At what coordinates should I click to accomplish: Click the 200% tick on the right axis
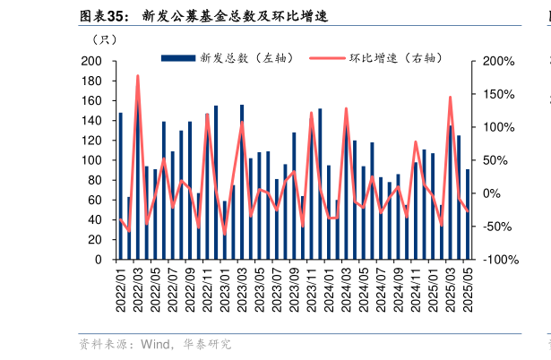point(497,61)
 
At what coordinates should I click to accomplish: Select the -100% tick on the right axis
point(497,260)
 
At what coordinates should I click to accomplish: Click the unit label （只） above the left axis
point(103,39)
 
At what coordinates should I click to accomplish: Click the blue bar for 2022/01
point(121,186)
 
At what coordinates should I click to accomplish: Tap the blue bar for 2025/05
point(467,214)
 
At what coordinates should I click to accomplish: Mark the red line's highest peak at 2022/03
point(138,76)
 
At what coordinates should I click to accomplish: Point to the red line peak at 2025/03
point(450,97)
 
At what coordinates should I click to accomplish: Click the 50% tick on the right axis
point(494,160)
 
